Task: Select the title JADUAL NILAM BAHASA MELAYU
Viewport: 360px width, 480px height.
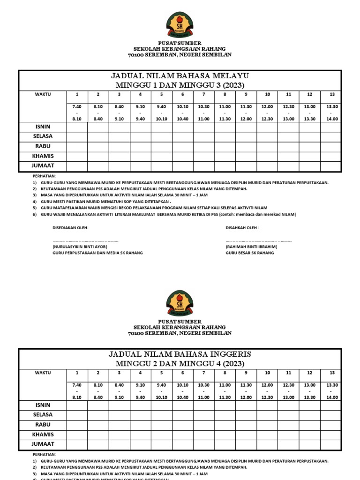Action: pos(180,76)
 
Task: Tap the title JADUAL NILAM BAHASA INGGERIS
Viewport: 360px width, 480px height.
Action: pos(180,354)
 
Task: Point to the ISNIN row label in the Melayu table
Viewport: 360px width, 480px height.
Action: pos(43,127)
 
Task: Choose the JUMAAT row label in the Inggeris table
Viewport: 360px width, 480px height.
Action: pos(43,444)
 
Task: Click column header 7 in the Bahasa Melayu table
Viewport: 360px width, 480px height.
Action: pos(204,95)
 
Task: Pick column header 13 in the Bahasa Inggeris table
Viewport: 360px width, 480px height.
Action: pos(332,373)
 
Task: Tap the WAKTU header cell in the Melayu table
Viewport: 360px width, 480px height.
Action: pos(43,95)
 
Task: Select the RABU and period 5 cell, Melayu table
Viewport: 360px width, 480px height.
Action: pos(161,146)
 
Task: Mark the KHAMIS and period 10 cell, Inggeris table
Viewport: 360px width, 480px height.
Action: pos(267,435)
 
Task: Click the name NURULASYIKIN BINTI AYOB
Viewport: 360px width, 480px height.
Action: pos(79,247)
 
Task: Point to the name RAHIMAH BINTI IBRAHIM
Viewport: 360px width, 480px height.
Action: pos(251,247)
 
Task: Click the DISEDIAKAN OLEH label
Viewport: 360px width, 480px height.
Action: pos(70,228)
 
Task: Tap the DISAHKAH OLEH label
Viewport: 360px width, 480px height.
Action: pos(242,228)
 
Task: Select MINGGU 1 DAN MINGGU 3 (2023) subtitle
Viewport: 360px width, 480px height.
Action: pos(180,85)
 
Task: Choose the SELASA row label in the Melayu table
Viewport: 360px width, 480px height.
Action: pos(43,136)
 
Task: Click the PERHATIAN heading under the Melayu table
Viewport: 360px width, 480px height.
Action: pos(44,176)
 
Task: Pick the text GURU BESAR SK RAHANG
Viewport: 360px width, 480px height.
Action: pos(250,253)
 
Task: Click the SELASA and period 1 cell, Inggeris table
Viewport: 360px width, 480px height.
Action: pos(77,415)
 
